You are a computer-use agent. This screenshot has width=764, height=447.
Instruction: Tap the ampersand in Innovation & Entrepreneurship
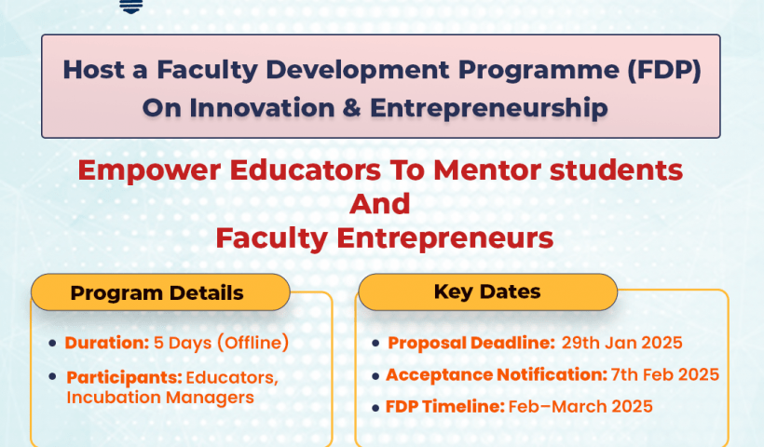point(350,107)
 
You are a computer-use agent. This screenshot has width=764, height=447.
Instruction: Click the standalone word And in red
point(379,203)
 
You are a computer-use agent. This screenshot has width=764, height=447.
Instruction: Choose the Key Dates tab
point(486,291)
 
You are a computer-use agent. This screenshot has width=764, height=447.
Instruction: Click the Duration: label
point(106,343)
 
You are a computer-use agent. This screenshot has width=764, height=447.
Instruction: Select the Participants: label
point(124,377)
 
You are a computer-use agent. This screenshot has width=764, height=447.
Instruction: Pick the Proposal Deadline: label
point(470,343)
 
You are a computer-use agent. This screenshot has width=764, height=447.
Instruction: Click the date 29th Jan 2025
point(621,343)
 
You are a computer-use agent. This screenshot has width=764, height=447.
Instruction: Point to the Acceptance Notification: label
point(496,374)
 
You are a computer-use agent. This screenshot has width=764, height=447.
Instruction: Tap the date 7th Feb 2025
point(665,374)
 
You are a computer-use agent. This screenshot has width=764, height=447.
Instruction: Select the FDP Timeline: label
point(444,407)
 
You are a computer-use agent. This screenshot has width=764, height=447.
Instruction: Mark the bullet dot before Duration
point(52,344)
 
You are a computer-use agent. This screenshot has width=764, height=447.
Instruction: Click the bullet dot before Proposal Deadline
point(375,344)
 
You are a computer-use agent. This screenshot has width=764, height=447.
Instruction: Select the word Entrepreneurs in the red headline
point(445,237)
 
